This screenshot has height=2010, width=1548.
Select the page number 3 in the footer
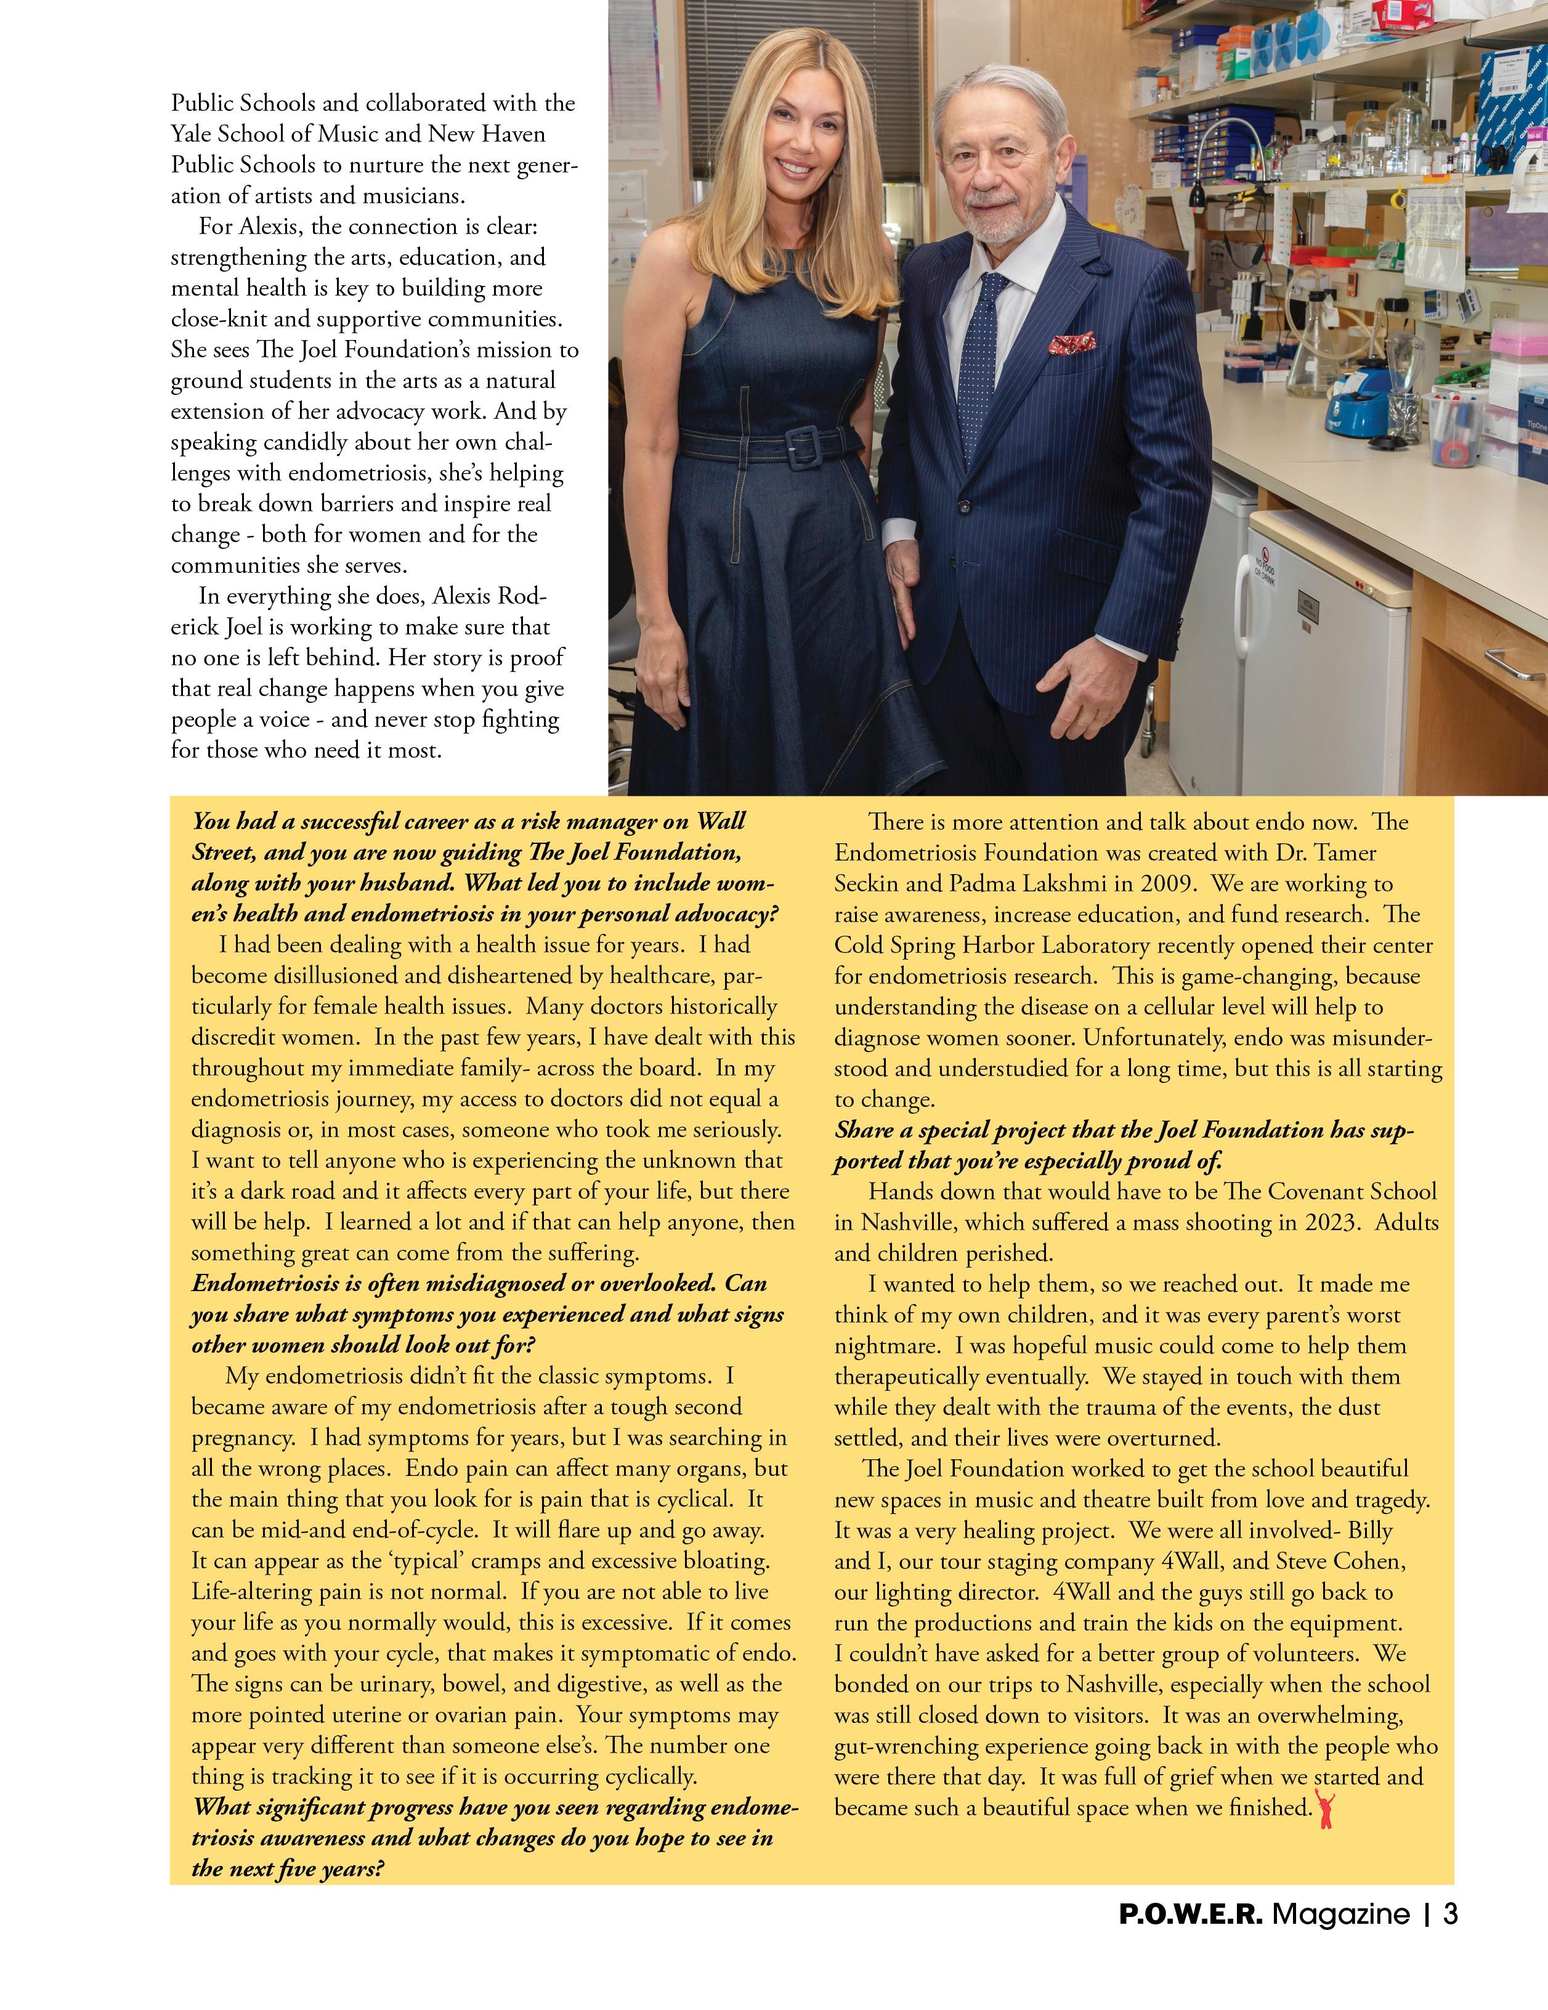1451,1915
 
